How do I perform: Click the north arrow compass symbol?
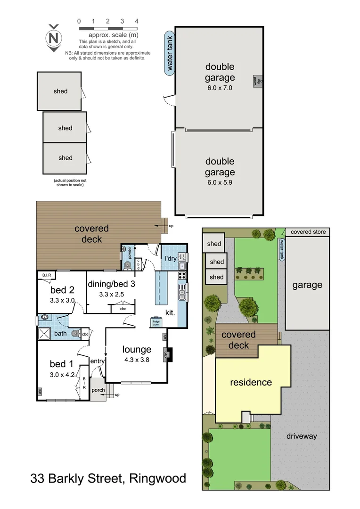click(x=54, y=37)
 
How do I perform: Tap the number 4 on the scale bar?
click(x=137, y=21)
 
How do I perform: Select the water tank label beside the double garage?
click(x=170, y=53)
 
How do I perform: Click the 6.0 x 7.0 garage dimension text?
click(x=220, y=88)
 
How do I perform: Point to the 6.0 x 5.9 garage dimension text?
click(x=220, y=182)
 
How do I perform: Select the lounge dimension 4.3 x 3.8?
click(x=137, y=359)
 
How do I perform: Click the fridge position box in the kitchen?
click(x=156, y=321)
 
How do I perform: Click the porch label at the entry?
click(x=98, y=390)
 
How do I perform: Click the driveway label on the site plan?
click(x=302, y=436)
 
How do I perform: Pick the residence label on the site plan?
click(x=251, y=382)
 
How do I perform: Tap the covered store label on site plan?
click(x=308, y=232)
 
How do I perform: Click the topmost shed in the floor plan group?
click(x=60, y=91)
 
